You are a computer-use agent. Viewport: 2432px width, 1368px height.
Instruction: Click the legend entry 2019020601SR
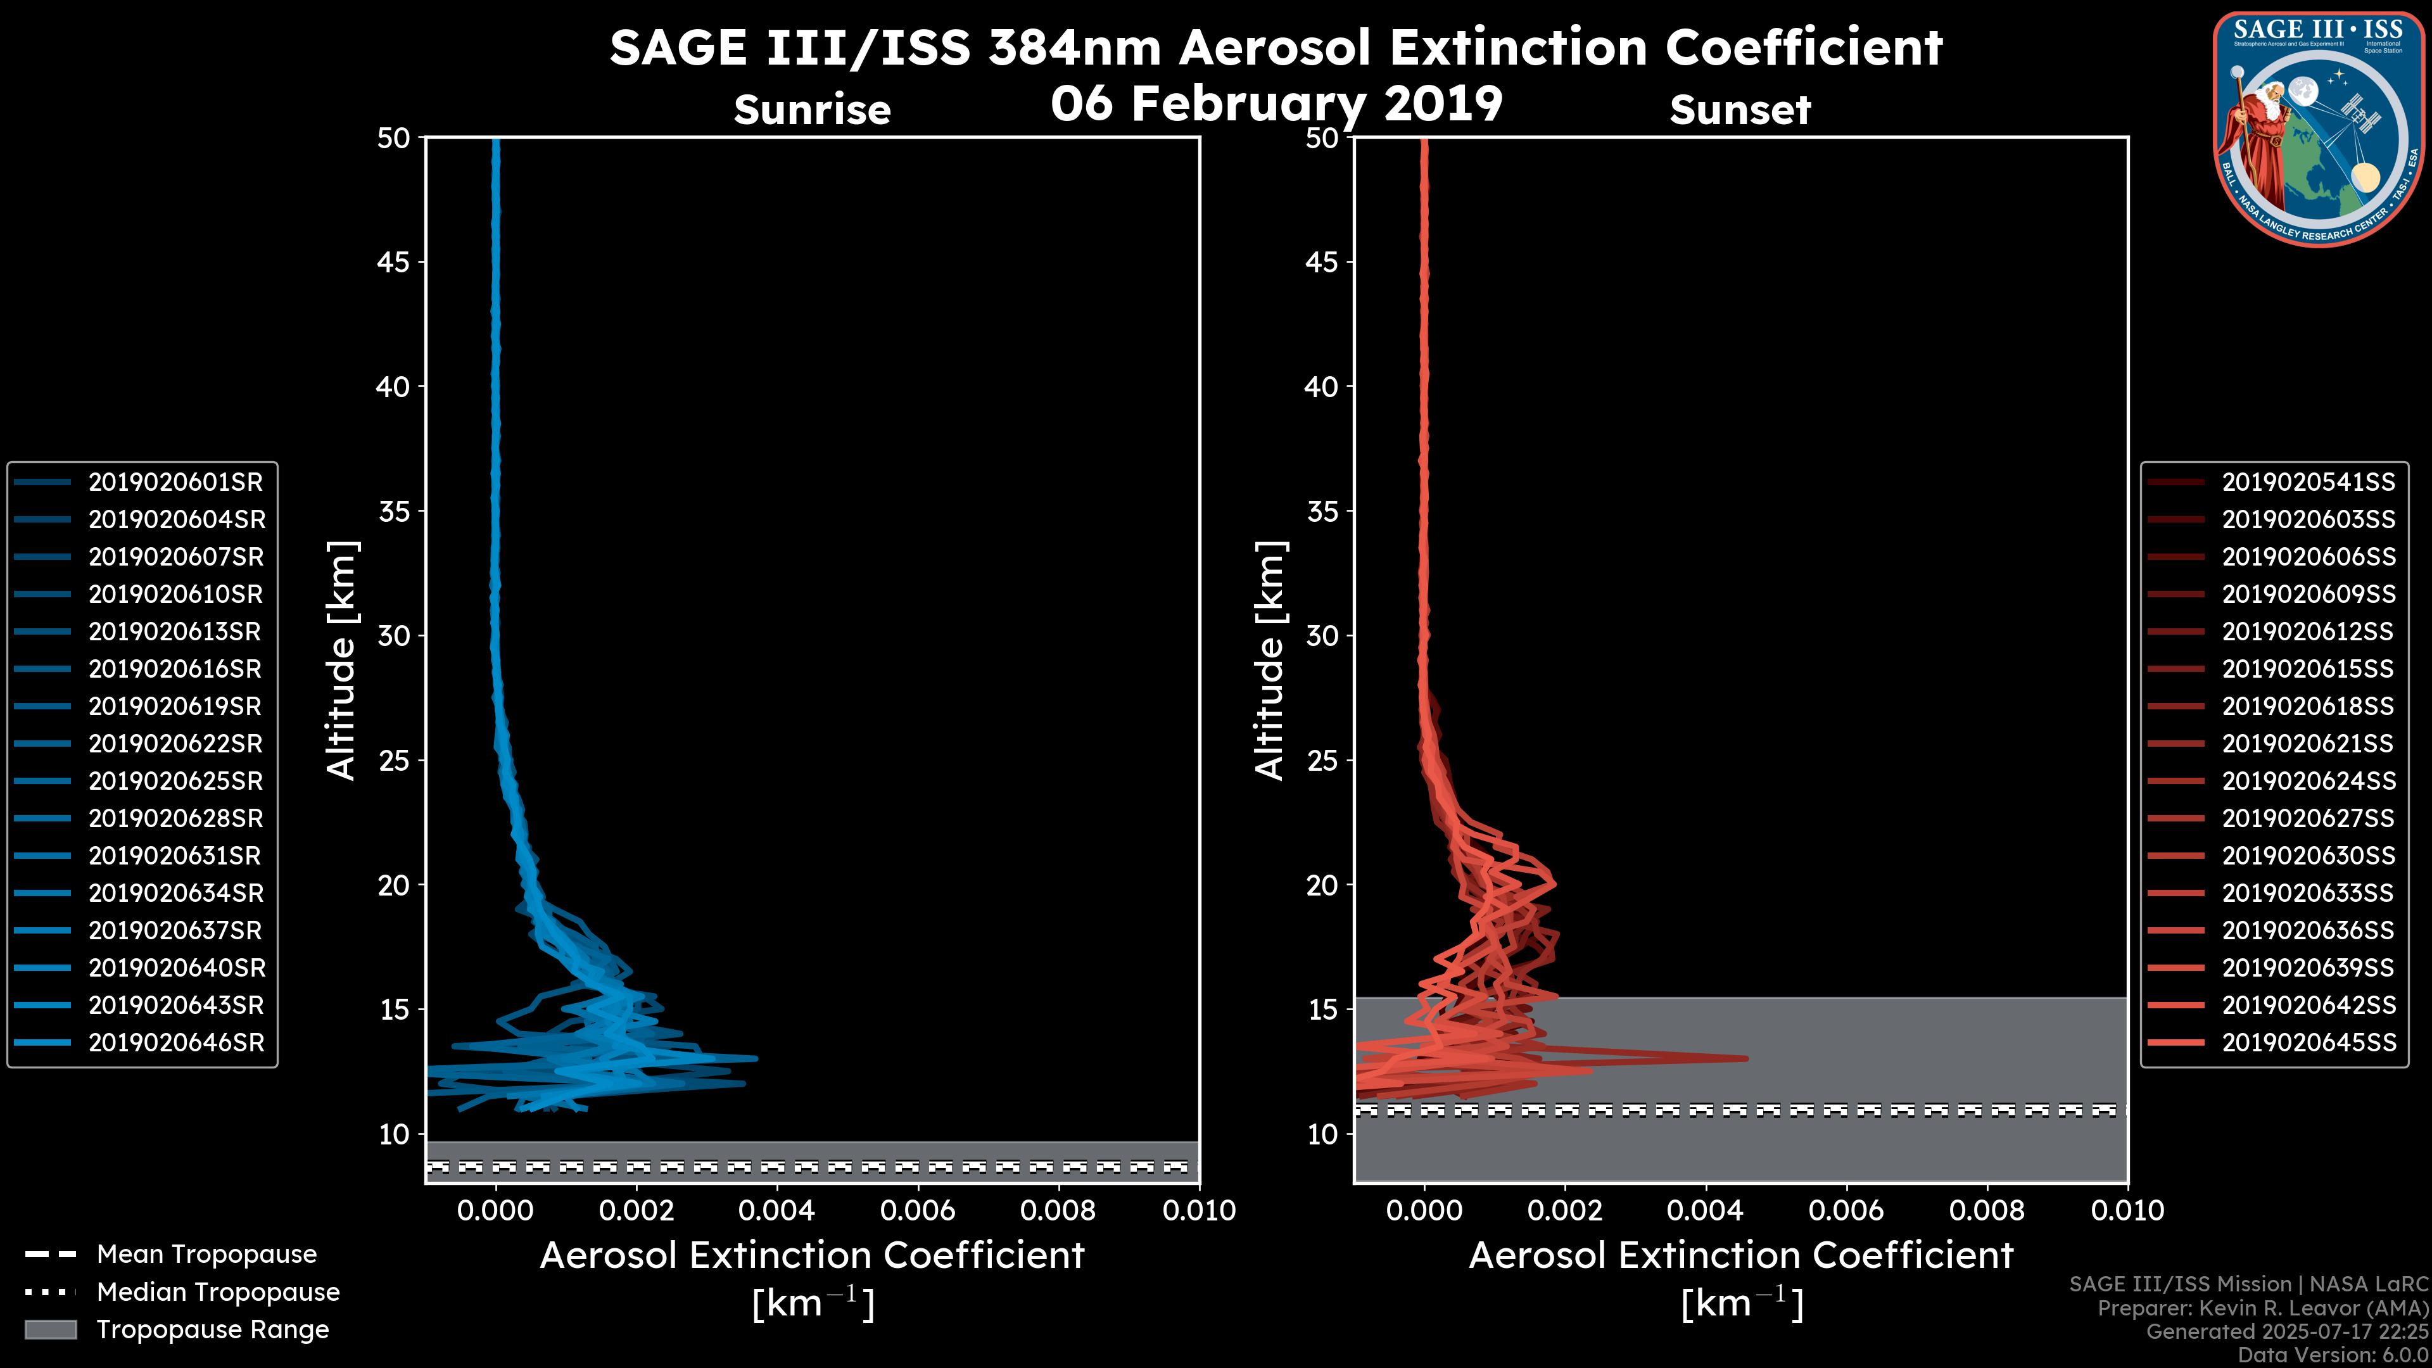tap(175, 483)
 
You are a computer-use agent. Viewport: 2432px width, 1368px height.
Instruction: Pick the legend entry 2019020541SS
tap(2308, 483)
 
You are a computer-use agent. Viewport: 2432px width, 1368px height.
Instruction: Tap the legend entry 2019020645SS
tap(2308, 1043)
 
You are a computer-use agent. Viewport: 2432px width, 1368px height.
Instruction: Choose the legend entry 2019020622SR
tap(175, 744)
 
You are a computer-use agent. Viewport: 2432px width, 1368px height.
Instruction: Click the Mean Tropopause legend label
tap(206, 1255)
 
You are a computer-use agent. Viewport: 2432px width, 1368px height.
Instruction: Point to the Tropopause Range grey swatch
tap(50, 1330)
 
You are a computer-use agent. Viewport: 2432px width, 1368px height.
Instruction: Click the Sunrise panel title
tap(812, 110)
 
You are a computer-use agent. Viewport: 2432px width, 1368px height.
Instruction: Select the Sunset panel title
tap(1740, 110)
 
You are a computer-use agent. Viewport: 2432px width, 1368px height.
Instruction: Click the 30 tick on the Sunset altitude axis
tap(1322, 636)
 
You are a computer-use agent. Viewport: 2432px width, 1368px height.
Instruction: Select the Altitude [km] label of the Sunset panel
tap(1270, 661)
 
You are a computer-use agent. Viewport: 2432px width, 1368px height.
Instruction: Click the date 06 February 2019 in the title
tap(1276, 104)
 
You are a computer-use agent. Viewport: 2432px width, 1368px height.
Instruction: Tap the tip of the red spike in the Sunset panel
tap(1745, 1058)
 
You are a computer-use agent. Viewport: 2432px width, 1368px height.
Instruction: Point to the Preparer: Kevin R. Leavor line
tap(2263, 1308)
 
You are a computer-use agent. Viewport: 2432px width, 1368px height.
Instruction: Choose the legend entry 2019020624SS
tap(2308, 782)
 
